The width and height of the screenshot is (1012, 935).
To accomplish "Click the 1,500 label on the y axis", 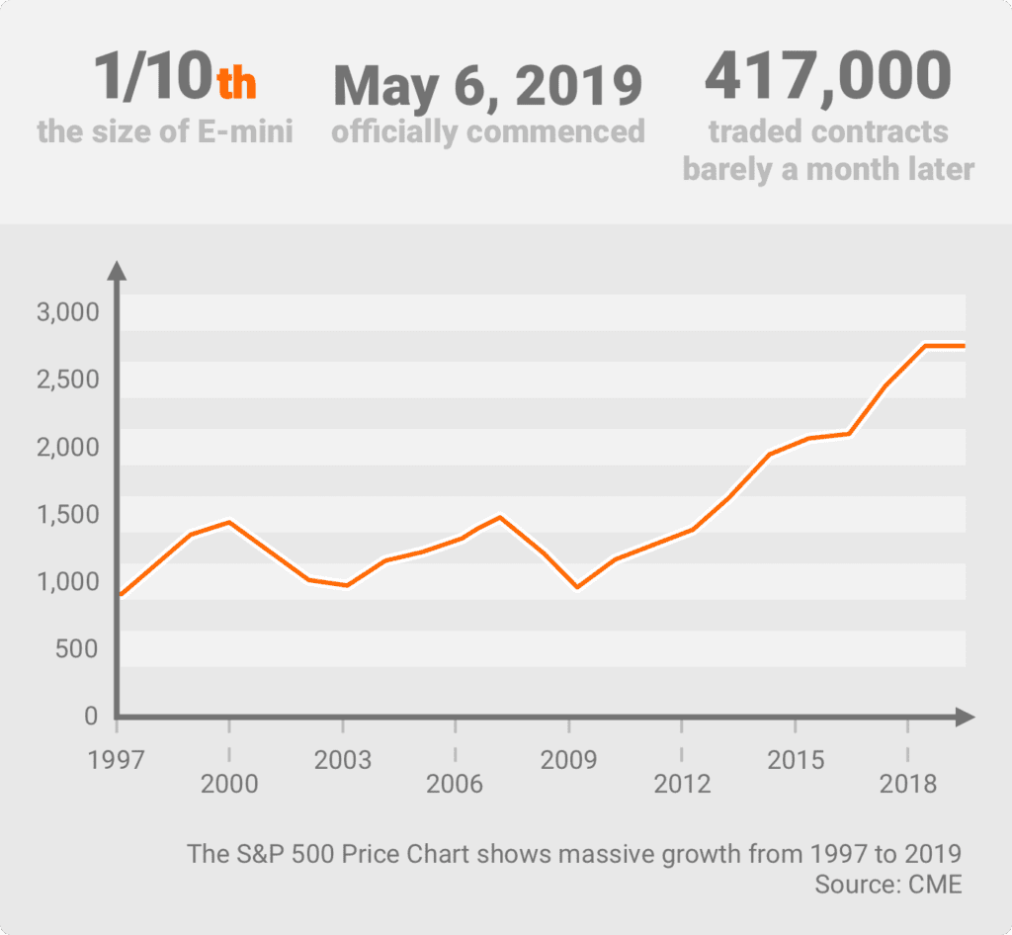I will [68, 514].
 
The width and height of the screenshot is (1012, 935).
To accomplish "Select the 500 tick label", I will [77, 648].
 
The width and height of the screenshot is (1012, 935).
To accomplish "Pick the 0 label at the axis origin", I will [91, 716].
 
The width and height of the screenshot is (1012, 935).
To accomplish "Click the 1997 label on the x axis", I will [117, 760].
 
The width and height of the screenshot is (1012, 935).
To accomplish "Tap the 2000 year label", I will [229, 785].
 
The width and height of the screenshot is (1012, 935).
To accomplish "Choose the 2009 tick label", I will [569, 760].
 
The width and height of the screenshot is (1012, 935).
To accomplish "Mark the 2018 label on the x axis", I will [908, 785].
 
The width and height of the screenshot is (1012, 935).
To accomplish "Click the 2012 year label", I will [682, 785].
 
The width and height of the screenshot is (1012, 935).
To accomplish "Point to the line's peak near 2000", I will [229, 522].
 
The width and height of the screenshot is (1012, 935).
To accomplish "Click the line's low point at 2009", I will [577, 587].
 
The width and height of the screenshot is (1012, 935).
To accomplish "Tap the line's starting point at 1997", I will [119, 595].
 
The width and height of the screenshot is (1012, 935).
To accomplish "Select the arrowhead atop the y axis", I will [117, 270].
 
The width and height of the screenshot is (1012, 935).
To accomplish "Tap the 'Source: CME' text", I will [887, 884].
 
